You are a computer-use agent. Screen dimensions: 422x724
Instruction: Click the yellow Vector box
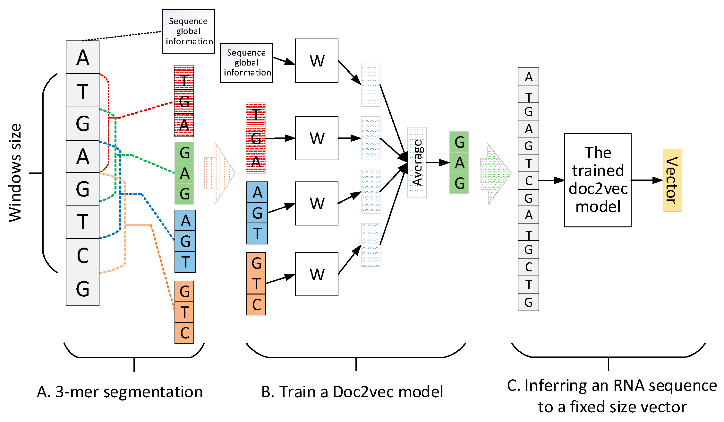point(672,180)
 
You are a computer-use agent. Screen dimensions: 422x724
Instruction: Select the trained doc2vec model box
point(598,180)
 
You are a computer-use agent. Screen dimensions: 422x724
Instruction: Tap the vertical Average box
point(417,163)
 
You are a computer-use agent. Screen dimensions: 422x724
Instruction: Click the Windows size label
point(15,173)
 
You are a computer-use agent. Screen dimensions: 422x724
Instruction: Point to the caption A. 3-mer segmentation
point(120,392)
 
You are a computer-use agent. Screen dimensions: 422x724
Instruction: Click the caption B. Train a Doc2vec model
point(352,392)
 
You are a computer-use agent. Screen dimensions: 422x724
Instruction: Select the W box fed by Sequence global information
point(316,61)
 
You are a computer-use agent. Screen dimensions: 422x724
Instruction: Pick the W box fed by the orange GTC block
point(316,274)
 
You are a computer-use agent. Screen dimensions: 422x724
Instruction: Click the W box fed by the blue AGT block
point(316,203)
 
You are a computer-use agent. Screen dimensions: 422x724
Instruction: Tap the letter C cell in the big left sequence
point(82,255)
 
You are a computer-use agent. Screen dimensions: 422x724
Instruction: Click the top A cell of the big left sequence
point(82,57)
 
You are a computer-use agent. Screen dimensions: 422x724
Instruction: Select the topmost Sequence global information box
point(188,31)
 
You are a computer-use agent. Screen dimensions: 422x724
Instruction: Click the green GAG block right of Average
point(459,163)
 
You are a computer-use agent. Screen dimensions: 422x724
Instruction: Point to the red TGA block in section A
point(184,101)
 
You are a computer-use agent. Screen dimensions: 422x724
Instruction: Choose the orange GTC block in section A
point(184,312)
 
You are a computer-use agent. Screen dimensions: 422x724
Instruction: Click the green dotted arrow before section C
point(494,174)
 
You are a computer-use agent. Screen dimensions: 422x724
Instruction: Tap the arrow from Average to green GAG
point(438,163)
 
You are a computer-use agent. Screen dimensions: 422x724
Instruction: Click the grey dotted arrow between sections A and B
point(219,173)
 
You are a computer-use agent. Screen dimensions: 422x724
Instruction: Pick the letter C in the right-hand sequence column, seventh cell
point(528,181)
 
